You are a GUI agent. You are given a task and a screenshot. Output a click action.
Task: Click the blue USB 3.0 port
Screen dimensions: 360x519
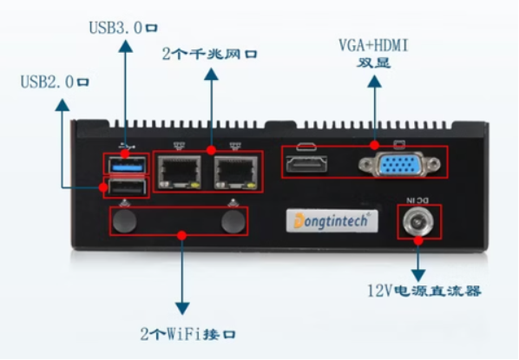pyautogui.click(x=127, y=164)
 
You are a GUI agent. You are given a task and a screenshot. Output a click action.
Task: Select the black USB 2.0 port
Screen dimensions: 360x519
pyautogui.click(x=127, y=187)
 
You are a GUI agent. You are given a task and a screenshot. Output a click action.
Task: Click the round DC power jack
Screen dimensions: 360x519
pyautogui.click(x=418, y=222)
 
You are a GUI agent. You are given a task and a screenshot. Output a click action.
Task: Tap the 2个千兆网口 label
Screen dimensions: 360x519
pyautogui.click(x=210, y=53)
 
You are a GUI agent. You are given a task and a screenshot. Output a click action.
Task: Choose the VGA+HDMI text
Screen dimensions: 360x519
pyautogui.click(x=375, y=44)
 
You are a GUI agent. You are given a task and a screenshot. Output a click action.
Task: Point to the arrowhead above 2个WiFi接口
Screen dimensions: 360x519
pyautogui.click(x=182, y=307)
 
